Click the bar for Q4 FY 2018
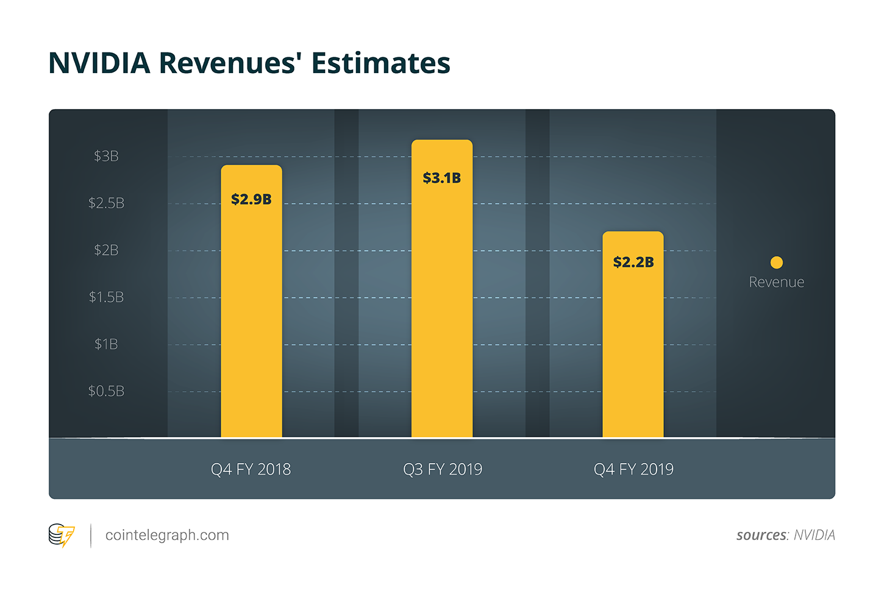pyautogui.click(x=251, y=317)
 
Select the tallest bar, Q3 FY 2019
pyautogui.click(x=442, y=305)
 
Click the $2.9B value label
pyautogui.click(x=251, y=199)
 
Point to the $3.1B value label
pyautogui.click(x=442, y=178)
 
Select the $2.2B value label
pyautogui.click(x=633, y=262)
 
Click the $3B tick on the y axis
pyautogui.click(x=106, y=157)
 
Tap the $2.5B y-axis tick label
pyautogui.click(x=106, y=203)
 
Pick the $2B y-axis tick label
pyautogui.click(x=106, y=250)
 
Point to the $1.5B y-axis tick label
pyautogui.click(x=106, y=297)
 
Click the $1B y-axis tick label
pyautogui.click(x=106, y=344)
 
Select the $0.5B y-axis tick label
pyautogui.click(x=106, y=391)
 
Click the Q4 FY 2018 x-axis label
pyautogui.click(x=251, y=469)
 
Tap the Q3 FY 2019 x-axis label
pyautogui.click(x=443, y=469)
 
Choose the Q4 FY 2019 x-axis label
pyautogui.click(x=633, y=469)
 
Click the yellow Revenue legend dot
pyautogui.click(x=776, y=263)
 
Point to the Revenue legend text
pyautogui.click(x=776, y=282)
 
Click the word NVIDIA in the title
pyautogui.click(x=99, y=63)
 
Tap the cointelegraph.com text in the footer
pyautogui.click(x=167, y=535)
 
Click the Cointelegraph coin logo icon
pyautogui.click(x=61, y=536)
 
